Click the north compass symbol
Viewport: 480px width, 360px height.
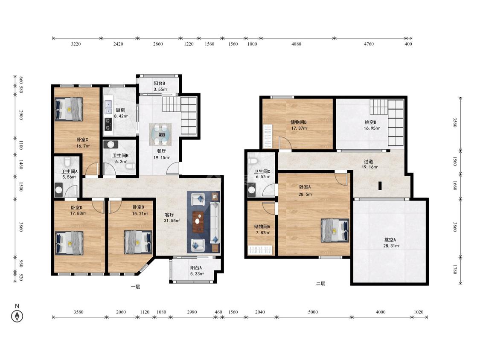(17, 316)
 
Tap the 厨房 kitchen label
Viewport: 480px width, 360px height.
(120, 110)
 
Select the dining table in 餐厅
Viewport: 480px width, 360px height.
(160, 134)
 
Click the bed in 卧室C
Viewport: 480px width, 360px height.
(69, 109)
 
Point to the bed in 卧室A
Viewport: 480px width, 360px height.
(335, 230)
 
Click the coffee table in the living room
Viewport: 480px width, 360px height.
(199, 222)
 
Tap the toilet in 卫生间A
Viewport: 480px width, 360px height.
(67, 161)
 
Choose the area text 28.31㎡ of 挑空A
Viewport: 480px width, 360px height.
(391, 246)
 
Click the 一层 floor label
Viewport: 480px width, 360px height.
(135, 287)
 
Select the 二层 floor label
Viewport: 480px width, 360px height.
(320, 284)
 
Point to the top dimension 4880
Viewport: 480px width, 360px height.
(297, 44)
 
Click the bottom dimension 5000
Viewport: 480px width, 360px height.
(313, 312)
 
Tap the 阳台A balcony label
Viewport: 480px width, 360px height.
(196, 268)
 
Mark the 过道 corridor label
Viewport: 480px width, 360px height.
(369, 161)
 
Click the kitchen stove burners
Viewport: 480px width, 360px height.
(108, 124)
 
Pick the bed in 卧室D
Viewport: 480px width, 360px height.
(69, 243)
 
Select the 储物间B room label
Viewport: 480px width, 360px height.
(299, 122)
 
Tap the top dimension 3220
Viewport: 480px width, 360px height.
(76, 44)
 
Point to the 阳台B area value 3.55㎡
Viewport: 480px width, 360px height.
(160, 90)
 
